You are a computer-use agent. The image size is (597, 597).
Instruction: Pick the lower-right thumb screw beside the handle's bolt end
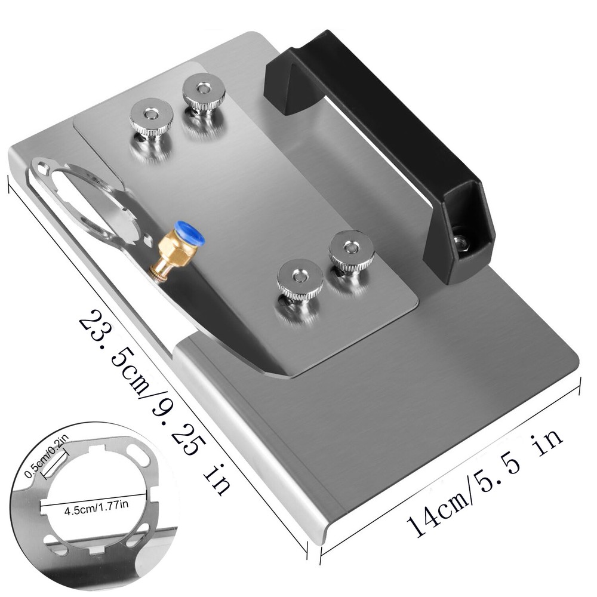tap(351, 250)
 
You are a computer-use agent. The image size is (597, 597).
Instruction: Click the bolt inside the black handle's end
tap(460, 242)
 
